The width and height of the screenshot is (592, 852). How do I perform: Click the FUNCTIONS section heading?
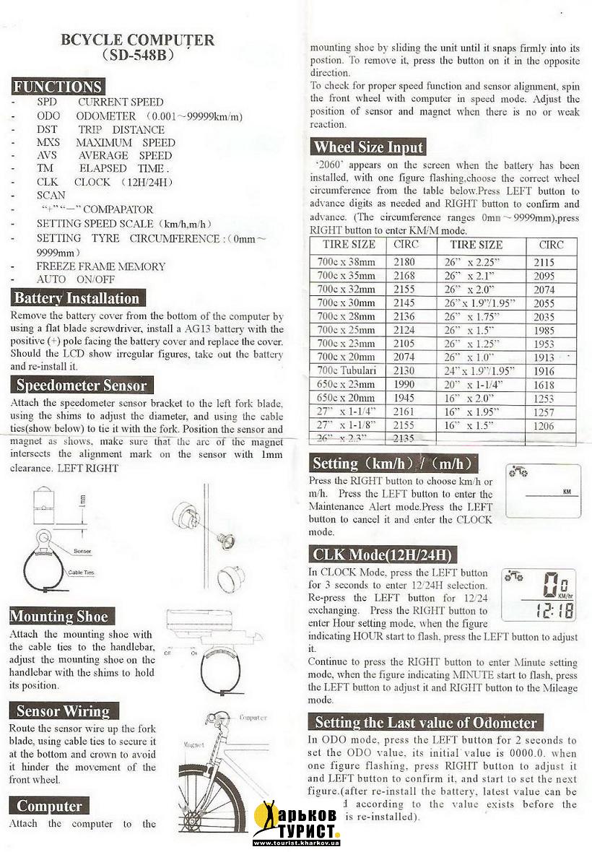coord(58,87)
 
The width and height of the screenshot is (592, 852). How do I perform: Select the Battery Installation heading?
coord(77,298)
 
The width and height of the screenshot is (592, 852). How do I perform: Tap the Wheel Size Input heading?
coord(368,147)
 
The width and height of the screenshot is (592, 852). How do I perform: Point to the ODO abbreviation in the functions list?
coord(48,116)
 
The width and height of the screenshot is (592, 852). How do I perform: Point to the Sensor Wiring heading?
coord(63,710)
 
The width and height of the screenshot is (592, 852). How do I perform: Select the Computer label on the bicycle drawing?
coord(253,718)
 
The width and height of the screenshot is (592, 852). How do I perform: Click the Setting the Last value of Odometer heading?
coord(426,722)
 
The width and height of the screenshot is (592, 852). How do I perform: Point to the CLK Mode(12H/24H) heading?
coord(383,555)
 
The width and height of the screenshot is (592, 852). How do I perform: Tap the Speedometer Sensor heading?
coord(82,386)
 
